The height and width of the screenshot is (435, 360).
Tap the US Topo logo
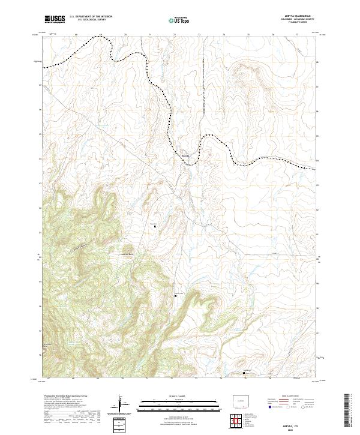(181, 20)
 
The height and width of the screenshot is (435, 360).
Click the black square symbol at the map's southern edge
(244, 373)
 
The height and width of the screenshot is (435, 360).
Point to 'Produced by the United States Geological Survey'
(66, 396)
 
